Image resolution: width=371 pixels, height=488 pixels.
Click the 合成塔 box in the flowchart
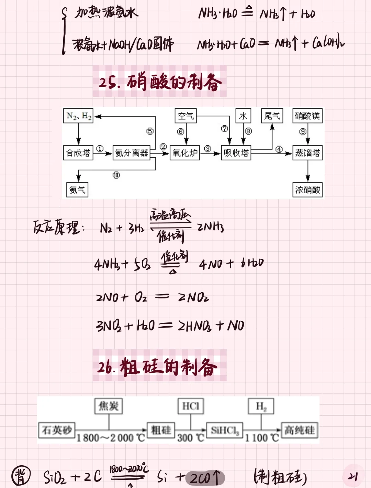(78, 152)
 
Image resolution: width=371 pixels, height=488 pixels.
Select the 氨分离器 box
(132, 152)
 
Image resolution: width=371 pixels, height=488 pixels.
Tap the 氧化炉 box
(185, 152)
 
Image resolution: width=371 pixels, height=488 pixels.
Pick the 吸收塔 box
(236, 152)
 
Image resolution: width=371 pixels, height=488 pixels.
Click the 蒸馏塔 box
(307, 152)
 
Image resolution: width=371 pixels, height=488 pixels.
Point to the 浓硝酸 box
(307, 190)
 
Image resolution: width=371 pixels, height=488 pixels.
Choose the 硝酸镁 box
(307, 116)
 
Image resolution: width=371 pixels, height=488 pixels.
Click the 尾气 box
(272, 116)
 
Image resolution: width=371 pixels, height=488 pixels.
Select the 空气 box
(186, 116)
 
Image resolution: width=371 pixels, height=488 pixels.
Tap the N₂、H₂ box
(79, 116)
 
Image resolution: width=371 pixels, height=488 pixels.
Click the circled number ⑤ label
(150, 131)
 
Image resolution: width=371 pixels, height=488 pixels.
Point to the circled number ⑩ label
(116, 175)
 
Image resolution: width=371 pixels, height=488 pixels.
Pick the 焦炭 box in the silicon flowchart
(109, 406)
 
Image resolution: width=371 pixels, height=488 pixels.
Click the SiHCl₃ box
(224, 430)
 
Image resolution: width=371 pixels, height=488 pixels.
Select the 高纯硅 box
(299, 430)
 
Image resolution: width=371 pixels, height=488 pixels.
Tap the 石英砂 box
(57, 430)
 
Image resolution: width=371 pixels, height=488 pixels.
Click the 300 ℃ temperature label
(191, 438)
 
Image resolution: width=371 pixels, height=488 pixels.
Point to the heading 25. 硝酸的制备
(160, 82)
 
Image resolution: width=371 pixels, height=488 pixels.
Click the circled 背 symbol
(21, 476)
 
